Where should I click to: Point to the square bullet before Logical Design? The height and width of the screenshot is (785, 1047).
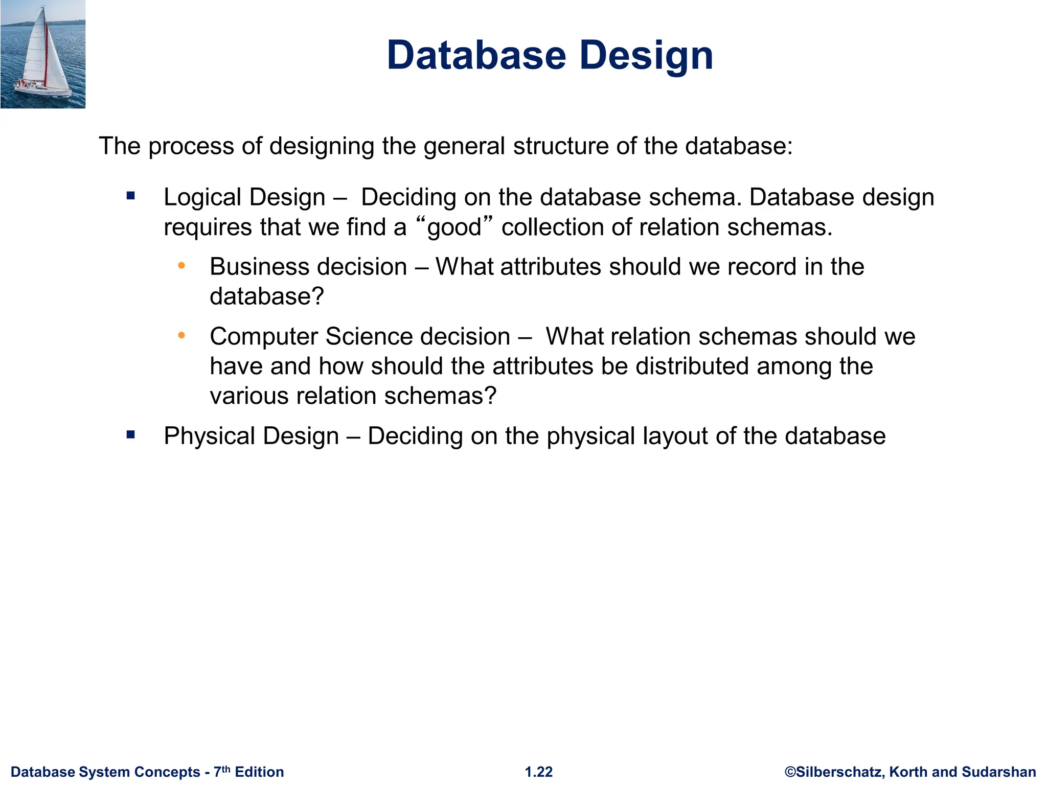[131, 196]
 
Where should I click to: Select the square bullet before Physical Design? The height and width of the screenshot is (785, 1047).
[131, 435]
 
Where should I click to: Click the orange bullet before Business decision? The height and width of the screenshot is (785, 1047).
[181, 266]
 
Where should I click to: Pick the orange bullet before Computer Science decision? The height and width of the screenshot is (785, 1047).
[181, 335]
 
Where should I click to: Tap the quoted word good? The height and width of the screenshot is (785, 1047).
[454, 228]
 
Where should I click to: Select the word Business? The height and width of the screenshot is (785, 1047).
[258, 267]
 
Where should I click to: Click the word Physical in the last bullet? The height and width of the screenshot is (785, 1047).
[209, 436]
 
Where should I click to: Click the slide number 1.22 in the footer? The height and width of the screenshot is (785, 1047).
[539, 772]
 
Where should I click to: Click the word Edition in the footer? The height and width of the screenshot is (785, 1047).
[259, 772]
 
